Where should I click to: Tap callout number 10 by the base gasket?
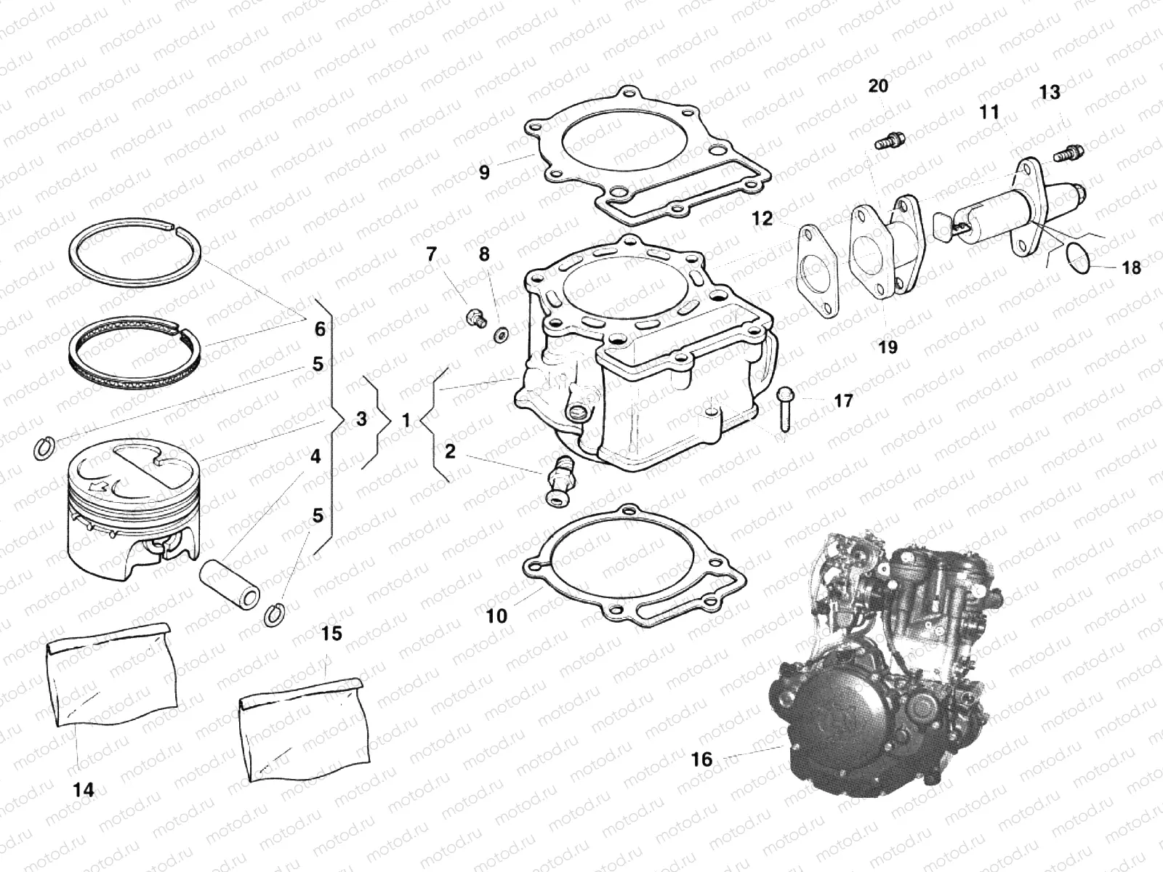click(x=496, y=616)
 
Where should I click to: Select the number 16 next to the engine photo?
click(x=702, y=759)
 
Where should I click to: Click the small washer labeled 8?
click(x=501, y=335)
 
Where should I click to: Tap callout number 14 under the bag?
click(x=84, y=789)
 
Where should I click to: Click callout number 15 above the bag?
click(x=331, y=634)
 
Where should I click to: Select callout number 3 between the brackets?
click(x=361, y=419)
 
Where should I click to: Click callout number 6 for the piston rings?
click(x=320, y=329)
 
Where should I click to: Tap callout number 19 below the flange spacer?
click(x=888, y=347)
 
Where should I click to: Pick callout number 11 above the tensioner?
click(x=989, y=113)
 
